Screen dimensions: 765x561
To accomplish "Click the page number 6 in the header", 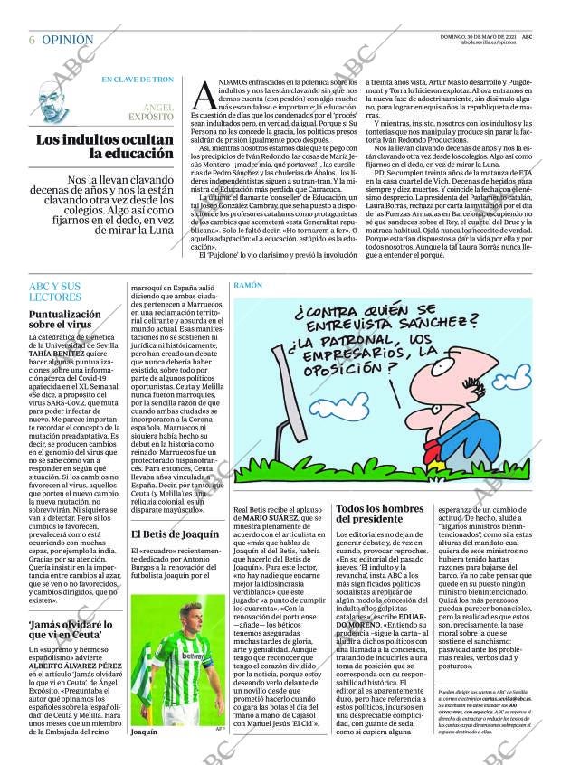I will [32, 41].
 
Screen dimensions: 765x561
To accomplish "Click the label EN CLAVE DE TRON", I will [137, 80].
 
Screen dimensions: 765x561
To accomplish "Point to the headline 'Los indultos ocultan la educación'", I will [104, 146].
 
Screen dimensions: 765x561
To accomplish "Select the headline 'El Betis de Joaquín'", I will [176, 534].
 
